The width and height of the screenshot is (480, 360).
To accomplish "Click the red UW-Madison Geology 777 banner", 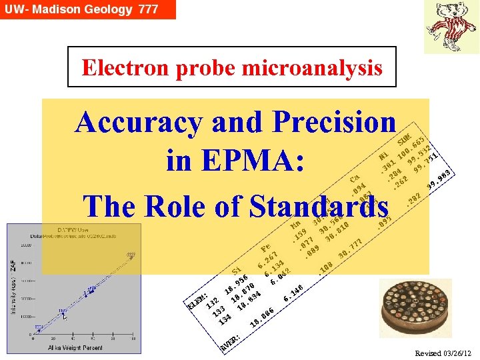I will click(x=87, y=9).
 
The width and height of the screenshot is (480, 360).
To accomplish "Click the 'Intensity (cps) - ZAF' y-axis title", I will click(x=14, y=287).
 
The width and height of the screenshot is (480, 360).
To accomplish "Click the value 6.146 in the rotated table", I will click(x=293, y=293).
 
